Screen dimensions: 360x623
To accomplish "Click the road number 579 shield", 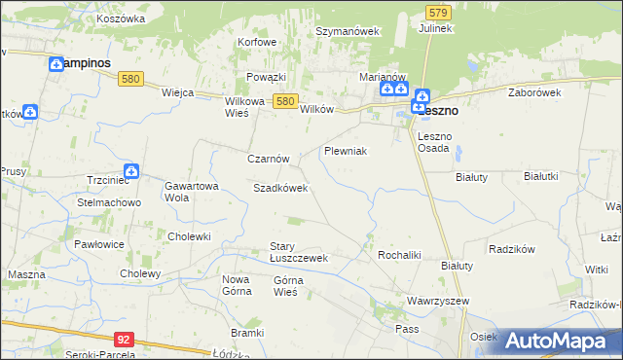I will pos(437,12).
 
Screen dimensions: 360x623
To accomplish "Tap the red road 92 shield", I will pos(123,340).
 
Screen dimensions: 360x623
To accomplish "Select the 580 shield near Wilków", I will pos(284,100).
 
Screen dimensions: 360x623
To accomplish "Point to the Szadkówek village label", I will pos(280,188).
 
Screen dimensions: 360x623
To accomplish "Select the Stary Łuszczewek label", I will pos(298,252).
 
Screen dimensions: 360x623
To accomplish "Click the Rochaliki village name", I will pos(398,255).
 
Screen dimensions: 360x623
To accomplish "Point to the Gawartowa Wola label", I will pos(189,191).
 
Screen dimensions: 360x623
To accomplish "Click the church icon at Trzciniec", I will pos(131,172).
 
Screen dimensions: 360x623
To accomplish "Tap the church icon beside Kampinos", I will pos(55,63).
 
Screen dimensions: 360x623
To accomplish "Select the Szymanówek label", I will pos(347,31).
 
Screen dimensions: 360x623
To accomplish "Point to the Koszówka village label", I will pos(121,18).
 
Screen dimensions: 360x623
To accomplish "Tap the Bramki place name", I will pos(248,333).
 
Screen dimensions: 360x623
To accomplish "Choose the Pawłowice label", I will pos(102,244).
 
